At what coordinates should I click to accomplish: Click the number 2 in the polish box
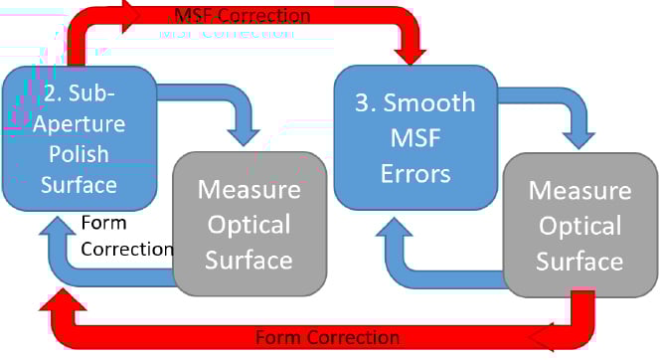point(52,97)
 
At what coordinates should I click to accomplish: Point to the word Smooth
point(429,103)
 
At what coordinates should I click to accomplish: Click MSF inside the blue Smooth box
point(415,138)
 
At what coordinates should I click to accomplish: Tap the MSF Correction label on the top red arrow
point(243,16)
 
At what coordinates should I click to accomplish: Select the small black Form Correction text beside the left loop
point(126,235)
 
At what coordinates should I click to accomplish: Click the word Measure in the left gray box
point(249,189)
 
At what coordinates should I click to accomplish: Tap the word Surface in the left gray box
point(249,261)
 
